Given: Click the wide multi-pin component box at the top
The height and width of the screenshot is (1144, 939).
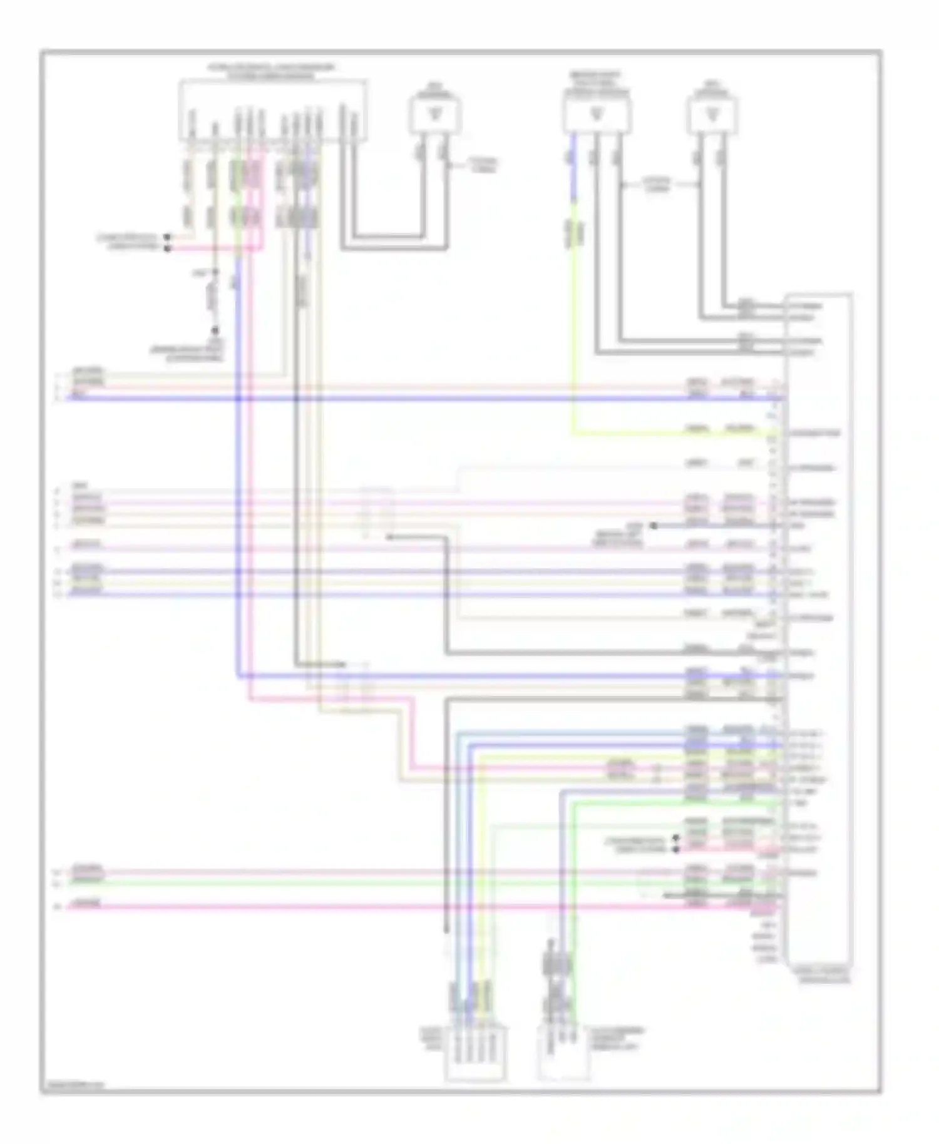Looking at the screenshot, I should [273, 110].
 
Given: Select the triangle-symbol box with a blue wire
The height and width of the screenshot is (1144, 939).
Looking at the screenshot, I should [597, 115].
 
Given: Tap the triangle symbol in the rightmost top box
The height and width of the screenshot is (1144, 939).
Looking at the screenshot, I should [711, 115].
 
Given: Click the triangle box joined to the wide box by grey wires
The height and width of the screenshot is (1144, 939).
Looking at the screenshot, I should [434, 115].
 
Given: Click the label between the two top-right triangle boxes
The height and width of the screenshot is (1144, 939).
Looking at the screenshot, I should [656, 185].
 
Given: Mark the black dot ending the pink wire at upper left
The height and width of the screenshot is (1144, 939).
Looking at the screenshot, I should [167, 248].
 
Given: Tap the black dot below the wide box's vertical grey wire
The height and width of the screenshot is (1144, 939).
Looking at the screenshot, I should [215, 330].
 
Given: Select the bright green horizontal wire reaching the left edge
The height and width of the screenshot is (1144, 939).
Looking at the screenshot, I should [376, 881].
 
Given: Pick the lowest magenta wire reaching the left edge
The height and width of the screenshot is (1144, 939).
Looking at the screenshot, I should [376, 905].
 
